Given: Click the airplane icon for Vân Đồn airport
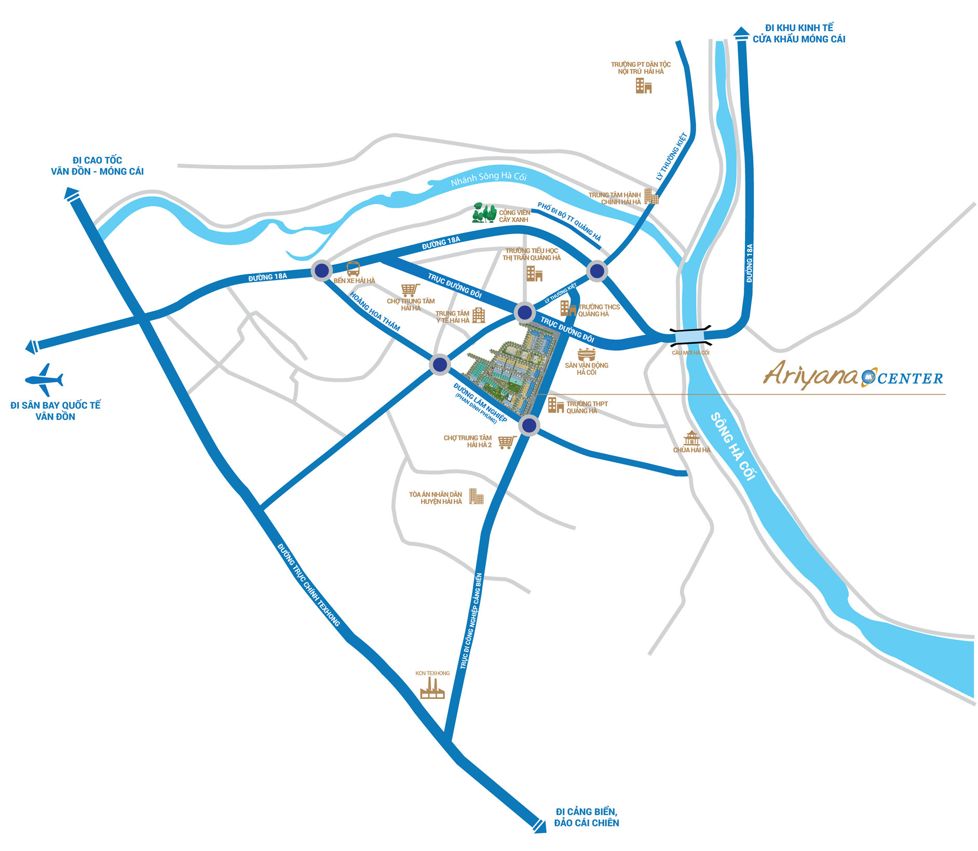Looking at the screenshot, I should [x=44, y=380].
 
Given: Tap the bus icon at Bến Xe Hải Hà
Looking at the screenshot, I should [x=353, y=269].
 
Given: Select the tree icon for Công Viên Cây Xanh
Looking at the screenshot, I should [x=484, y=213].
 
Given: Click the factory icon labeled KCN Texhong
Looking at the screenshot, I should [x=432, y=688].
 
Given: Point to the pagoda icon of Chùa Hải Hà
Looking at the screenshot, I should [x=691, y=438].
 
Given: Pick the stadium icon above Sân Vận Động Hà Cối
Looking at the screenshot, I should [x=586, y=355].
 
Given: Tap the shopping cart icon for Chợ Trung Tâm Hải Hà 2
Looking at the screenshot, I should [x=506, y=442].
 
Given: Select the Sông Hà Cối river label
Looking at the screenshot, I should [x=733, y=446].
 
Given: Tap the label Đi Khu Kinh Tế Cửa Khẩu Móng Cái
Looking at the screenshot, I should [x=799, y=33].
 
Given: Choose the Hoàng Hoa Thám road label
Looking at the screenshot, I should [x=375, y=311].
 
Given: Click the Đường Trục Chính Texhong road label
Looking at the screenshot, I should [x=308, y=584].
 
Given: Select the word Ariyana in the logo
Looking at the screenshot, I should [x=810, y=375].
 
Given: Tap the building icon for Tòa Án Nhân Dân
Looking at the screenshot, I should [x=476, y=496].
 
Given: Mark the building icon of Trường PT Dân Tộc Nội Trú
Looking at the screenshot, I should [x=643, y=86].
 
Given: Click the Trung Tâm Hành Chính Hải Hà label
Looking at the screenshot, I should [x=615, y=198].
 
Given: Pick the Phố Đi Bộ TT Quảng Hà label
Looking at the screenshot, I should [x=569, y=222].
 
